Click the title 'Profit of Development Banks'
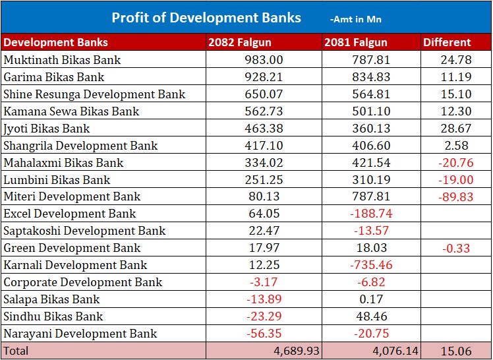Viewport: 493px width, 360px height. (x=206, y=18)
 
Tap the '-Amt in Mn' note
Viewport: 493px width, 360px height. (x=356, y=20)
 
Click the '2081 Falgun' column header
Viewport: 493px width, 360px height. (x=355, y=43)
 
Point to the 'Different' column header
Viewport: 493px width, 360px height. (x=447, y=43)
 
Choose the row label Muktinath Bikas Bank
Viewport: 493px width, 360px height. (x=63, y=60)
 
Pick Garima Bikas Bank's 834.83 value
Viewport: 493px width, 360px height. (x=371, y=77)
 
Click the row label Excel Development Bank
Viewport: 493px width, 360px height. (x=70, y=214)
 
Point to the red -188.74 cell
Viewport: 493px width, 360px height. (x=371, y=214)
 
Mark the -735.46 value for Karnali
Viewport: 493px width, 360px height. (x=371, y=265)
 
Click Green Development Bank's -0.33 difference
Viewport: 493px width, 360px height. (x=455, y=248)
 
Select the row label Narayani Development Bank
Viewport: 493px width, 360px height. (x=80, y=334)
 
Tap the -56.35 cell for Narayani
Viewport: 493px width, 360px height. (x=264, y=334)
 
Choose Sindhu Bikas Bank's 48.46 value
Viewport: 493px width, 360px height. (x=371, y=316)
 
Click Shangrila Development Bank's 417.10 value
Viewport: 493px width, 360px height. (x=264, y=146)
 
